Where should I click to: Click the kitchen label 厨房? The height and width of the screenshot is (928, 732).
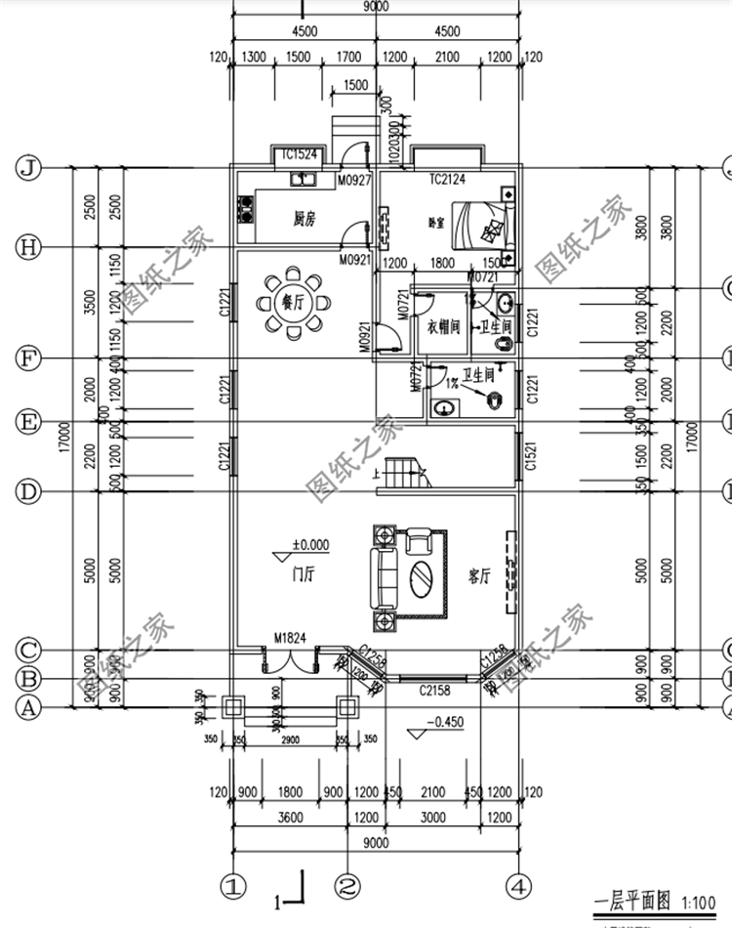[x=305, y=219]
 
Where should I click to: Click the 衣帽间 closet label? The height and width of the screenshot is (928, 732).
[x=443, y=327]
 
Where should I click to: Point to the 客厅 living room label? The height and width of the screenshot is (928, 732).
[x=478, y=575]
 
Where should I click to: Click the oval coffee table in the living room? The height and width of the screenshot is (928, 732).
[x=424, y=576]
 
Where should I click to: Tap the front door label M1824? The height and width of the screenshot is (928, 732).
[x=290, y=638]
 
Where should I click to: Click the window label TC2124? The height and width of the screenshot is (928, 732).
[x=447, y=180]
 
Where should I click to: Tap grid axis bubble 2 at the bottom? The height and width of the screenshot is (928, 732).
[x=347, y=887]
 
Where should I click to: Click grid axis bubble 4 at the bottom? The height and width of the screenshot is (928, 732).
[x=518, y=887]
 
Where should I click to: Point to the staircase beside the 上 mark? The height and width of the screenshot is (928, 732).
[x=401, y=475]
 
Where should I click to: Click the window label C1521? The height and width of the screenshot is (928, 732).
[x=530, y=456]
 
